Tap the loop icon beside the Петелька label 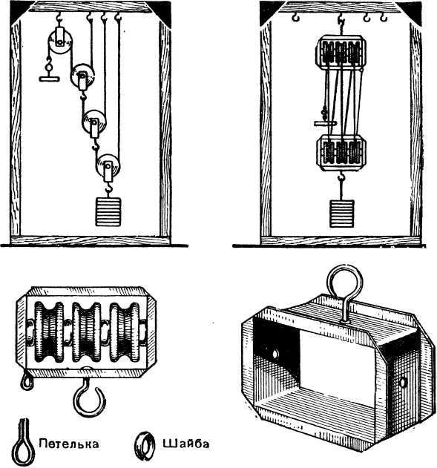click(25, 444)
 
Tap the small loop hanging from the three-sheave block click(26, 382)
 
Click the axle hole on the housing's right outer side click(403, 382)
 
